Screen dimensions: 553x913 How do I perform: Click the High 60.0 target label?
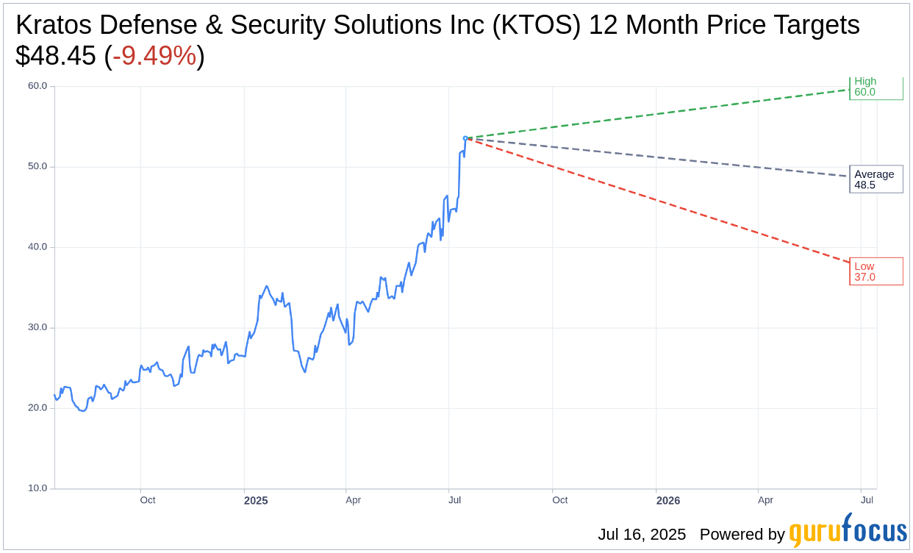click(x=875, y=88)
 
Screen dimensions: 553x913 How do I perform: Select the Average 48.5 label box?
click(x=876, y=179)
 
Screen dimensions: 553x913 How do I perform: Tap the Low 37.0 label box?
click(x=876, y=271)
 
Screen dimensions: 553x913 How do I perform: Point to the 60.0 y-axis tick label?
click(x=37, y=86)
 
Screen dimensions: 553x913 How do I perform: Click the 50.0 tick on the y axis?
click(x=37, y=166)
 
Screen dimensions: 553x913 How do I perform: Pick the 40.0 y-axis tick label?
click(x=37, y=247)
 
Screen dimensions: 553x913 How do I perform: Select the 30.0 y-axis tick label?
click(x=37, y=327)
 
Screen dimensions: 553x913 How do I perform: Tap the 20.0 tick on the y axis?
click(x=37, y=408)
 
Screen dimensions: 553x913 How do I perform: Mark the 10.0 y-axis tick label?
click(x=37, y=488)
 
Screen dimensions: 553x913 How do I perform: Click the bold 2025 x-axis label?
click(x=256, y=501)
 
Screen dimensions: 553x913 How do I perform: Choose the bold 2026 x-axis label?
click(x=667, y=501)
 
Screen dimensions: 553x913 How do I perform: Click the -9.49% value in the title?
click(x=154, y=56)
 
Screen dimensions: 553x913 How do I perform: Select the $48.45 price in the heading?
click(x=56, y=56)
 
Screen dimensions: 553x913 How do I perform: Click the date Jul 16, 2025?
click(x=642, y=535)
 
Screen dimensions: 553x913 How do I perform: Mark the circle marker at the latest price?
click(x=465, y=138)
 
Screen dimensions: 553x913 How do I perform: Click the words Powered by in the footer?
click(x=742, y=535)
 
